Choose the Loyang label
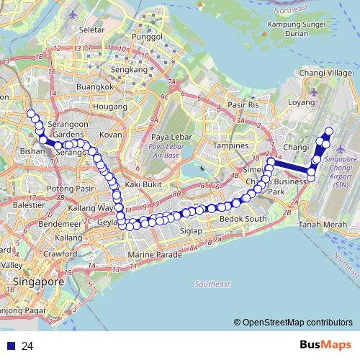[302, 102]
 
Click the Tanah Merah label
[319, 224]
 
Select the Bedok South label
[243, 218]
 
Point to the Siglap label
[192, 231]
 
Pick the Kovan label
[110, 135]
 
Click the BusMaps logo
[324, 345]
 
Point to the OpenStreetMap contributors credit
[297, 323]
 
